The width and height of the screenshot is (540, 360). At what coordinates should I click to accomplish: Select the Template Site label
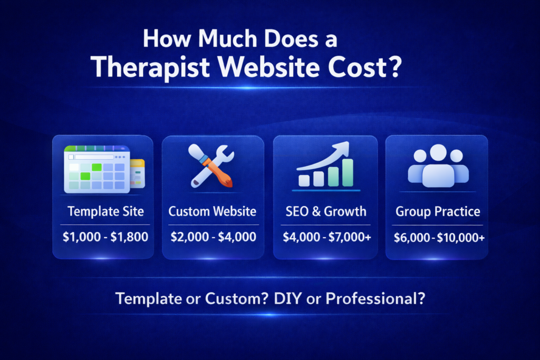pyautogui.click(x=105, y=212)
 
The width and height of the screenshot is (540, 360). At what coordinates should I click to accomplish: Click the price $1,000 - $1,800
pyautogui.click(x=105, y=237)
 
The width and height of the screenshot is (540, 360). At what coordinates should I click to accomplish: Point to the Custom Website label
pyautogui.click(x=213, y=212)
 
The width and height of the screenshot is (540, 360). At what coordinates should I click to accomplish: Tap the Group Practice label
pyautogui.click(x=438, y=212)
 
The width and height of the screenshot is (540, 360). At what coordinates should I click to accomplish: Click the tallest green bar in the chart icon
pyautogui.click(x=348, y=172)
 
